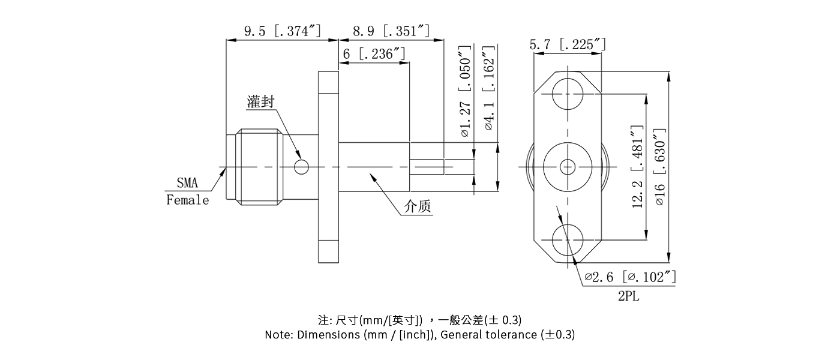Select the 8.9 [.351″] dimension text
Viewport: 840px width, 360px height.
coord(391,31)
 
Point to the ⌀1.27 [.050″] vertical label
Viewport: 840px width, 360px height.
coord(464,91)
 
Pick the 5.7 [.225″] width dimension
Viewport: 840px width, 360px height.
coord(567,44)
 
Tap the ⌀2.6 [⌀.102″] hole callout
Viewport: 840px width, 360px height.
coord(631,277)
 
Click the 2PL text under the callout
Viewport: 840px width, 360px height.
coord(629,296)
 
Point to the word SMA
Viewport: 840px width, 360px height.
coord(187,184)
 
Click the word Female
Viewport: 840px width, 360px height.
coord(188,200)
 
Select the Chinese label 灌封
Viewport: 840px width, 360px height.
coord(260,102)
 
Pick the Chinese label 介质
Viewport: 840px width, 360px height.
coord(418,207)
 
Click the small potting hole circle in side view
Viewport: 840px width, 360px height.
coord(302,166)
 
